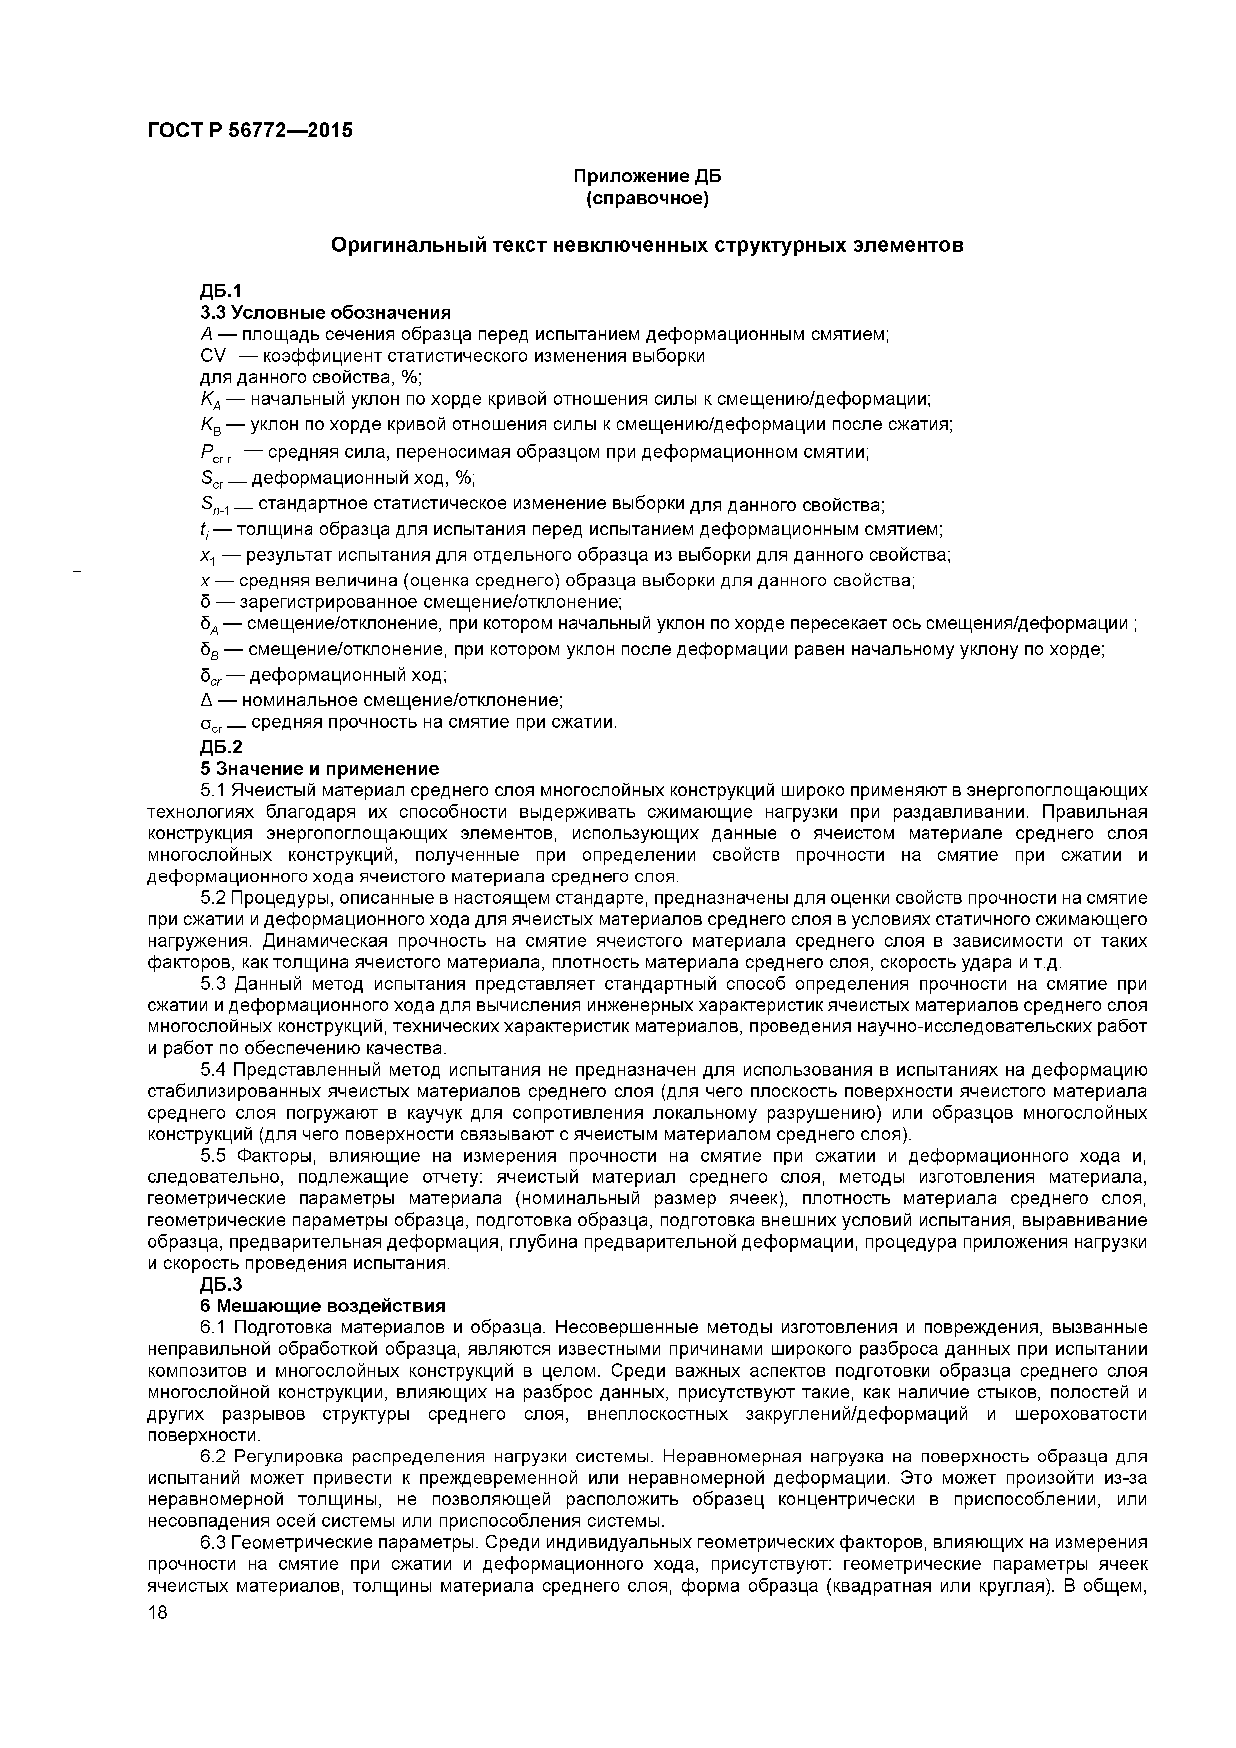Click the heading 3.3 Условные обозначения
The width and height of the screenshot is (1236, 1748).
325,312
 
